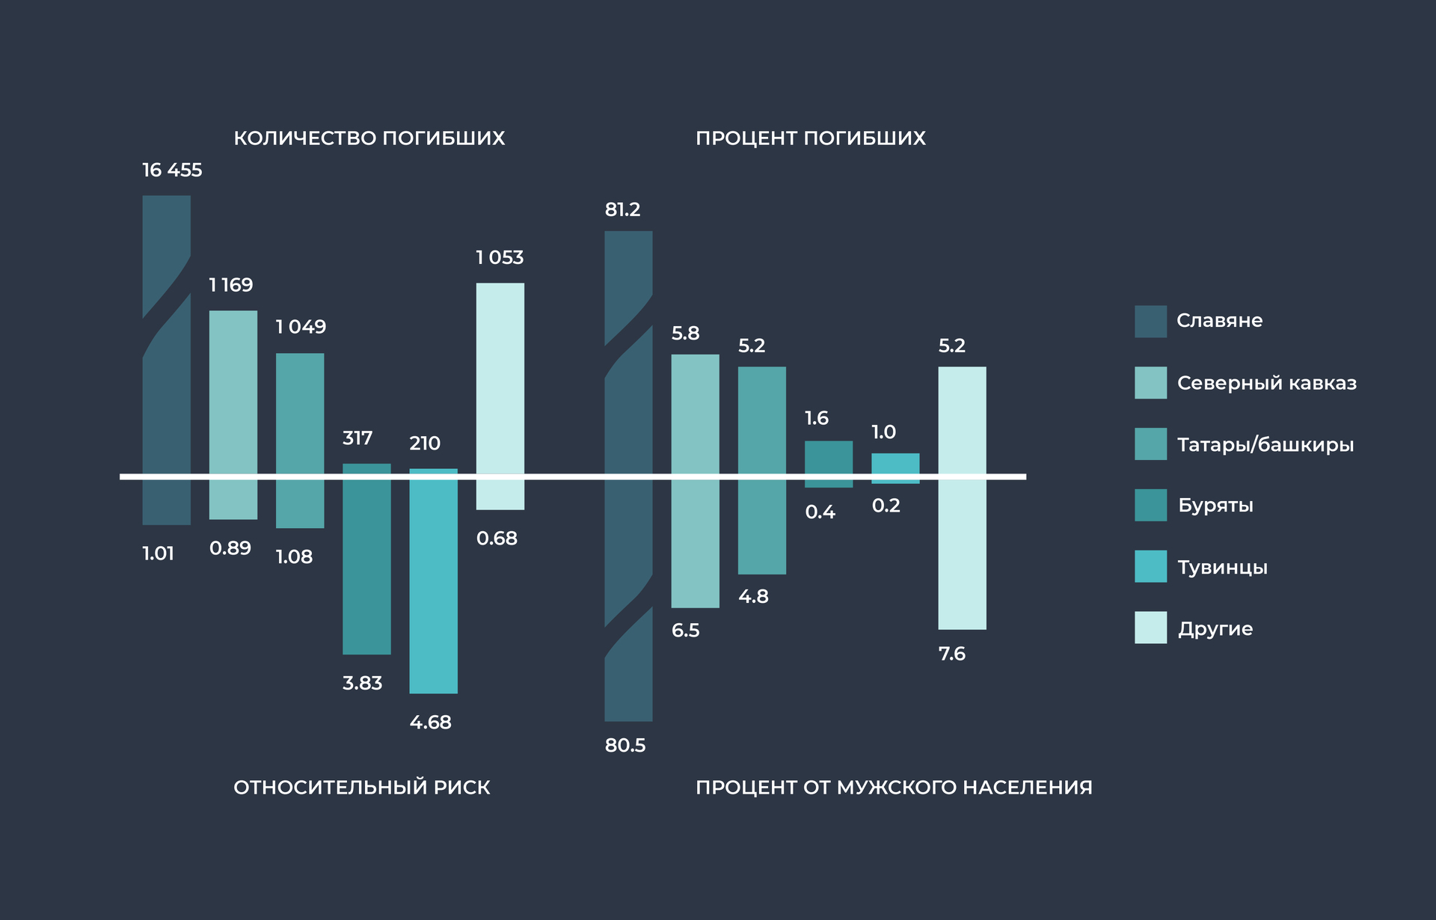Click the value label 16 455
[172, 171]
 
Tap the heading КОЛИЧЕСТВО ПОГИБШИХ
[369, 138]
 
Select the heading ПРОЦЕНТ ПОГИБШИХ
[810, 138]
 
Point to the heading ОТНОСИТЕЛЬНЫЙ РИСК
[361, 787]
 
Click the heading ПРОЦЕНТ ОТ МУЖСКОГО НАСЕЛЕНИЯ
[893, 787]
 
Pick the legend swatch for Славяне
[1150, 322]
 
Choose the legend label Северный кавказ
[1266, 383]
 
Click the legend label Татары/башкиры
[1265, 445]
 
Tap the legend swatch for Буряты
[1150, 505]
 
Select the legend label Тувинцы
[1222, 567]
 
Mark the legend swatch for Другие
[1150, 628]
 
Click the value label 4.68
[430, 723]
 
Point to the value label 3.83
[362, 683]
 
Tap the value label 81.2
[622, 210]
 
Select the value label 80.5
[625, 745]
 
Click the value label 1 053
[500, 258]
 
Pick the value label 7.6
[951, 654]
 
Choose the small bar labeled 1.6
[828, 458]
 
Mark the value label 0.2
[886, 506]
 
